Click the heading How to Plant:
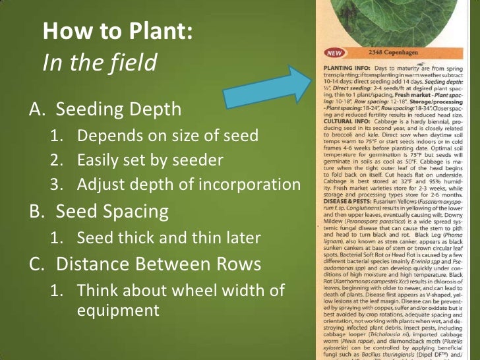118,31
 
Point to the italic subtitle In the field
100,62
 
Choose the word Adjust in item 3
98,185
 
